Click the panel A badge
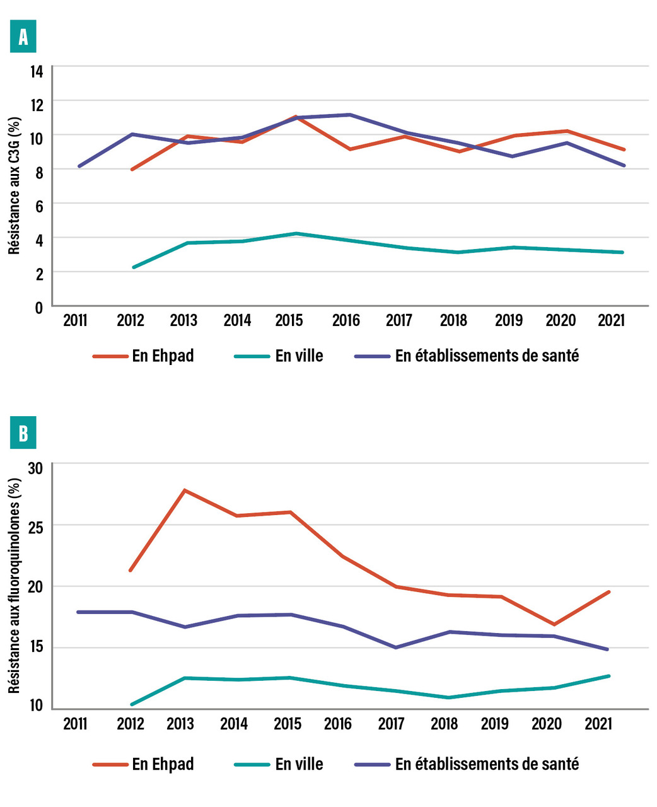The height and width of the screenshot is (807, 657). click(x=23, y=37)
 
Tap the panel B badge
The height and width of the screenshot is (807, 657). click(x=23, y=433)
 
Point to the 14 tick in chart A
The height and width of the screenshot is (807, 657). click(x=37, y=71)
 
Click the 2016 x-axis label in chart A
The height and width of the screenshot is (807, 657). click(x=346, y=320)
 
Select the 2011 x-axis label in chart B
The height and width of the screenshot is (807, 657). click(x=76, y=723)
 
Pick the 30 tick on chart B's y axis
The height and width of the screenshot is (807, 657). click(x=36, y=468)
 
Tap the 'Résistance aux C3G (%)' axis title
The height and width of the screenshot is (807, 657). click(x=15, y=185)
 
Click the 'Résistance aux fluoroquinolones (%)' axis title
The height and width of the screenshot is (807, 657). click(x=15, y=585)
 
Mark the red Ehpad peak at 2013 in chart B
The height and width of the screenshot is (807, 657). click(x=184, y=490)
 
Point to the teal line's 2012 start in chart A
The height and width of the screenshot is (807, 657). click(x=133, y=267)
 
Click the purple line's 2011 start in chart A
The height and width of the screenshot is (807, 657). click(x=79, y=166)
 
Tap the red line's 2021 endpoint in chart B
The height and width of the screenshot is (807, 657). click(x=609, y=591)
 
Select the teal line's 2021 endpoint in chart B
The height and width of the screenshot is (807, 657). click(x=609, y=676)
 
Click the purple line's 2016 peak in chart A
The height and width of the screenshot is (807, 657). click(x=350, y=115)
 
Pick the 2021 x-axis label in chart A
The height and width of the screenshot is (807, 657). click(x=611, y=320)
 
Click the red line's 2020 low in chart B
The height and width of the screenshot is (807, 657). click(x=554, y=624)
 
